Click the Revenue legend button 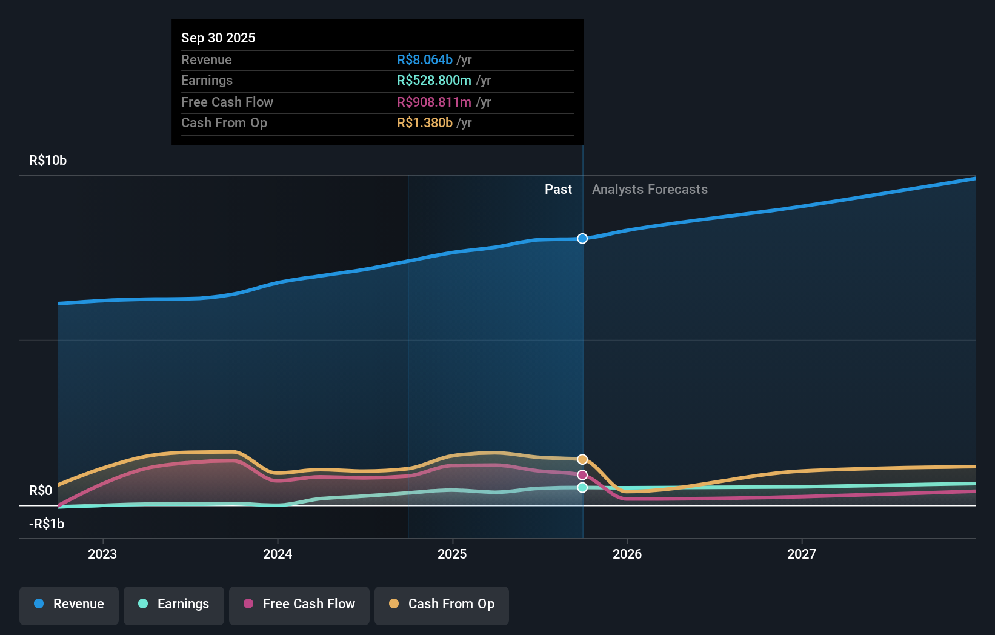pos(69,605)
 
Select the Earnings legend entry pos(174,605)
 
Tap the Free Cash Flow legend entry pos(299,605)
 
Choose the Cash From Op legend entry pos(442,605)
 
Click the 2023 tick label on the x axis pos(102,554)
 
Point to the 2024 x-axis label pos(278,554)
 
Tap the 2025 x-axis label pos(452,554)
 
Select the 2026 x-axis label pos(627,554)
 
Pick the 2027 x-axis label pos(802,554)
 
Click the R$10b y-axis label pos(48,161)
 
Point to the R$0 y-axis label pos(41,490)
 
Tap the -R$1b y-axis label pos(47,524)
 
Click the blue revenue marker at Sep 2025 pos(582,239)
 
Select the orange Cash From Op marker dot pos(582,459)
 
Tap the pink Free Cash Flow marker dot pos(582,475)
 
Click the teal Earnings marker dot pos(582,487)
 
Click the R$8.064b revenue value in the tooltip pos(425,59)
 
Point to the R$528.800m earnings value pos(434,81)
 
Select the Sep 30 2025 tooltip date pos(218,38)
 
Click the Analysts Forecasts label pos(650,190)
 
